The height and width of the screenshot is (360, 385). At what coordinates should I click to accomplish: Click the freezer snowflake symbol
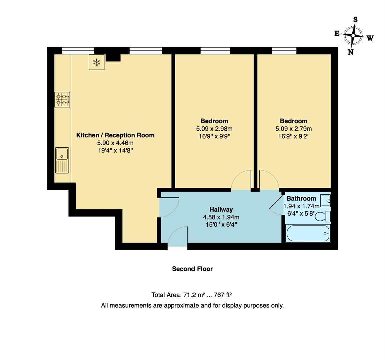[x=97, y=62]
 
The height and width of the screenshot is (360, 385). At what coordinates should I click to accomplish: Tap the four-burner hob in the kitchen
[x=62, y=100]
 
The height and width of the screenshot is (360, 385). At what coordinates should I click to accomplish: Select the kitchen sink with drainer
[x=62, y=160]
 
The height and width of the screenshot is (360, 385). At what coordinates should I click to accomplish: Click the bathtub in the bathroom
[x=308, y=233]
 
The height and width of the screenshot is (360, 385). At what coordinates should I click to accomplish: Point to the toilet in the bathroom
[x=323, y=216]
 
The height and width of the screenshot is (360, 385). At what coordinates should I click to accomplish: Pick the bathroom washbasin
[x=325, y=201]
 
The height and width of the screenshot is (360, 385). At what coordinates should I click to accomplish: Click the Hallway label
[x=221, y=209]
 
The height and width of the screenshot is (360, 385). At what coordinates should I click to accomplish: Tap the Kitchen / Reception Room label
[x=115, y=135]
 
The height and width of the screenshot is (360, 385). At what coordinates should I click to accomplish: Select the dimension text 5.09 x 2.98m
[x=214, y=129]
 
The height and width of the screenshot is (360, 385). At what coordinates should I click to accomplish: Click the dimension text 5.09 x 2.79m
[x=294, y=129]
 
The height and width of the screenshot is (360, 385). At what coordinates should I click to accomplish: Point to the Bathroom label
[x=301, y=199]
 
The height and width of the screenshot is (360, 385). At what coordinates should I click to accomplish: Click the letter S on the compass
[x=355, y=20]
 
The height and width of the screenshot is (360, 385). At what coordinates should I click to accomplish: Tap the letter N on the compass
[x=350, y=52]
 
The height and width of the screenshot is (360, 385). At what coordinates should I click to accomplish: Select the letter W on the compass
[x=370, y=38]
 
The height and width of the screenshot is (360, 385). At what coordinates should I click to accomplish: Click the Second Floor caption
[x=192, y=269]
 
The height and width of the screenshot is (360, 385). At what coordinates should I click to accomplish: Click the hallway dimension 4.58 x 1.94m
[x=221, y=217]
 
